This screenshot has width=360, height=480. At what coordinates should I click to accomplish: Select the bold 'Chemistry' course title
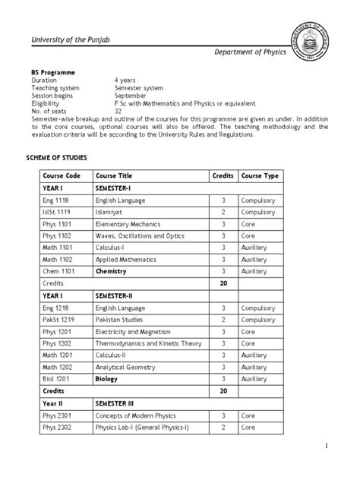(x=111, y=271)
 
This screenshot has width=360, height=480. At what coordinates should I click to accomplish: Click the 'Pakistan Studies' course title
(x=121, y=320)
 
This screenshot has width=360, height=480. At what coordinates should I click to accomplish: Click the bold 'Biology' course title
(x=107, y=378)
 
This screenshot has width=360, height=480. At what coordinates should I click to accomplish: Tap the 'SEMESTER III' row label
(x=117, y=403)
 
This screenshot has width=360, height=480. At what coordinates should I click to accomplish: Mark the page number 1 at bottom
(x=344, y=445)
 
